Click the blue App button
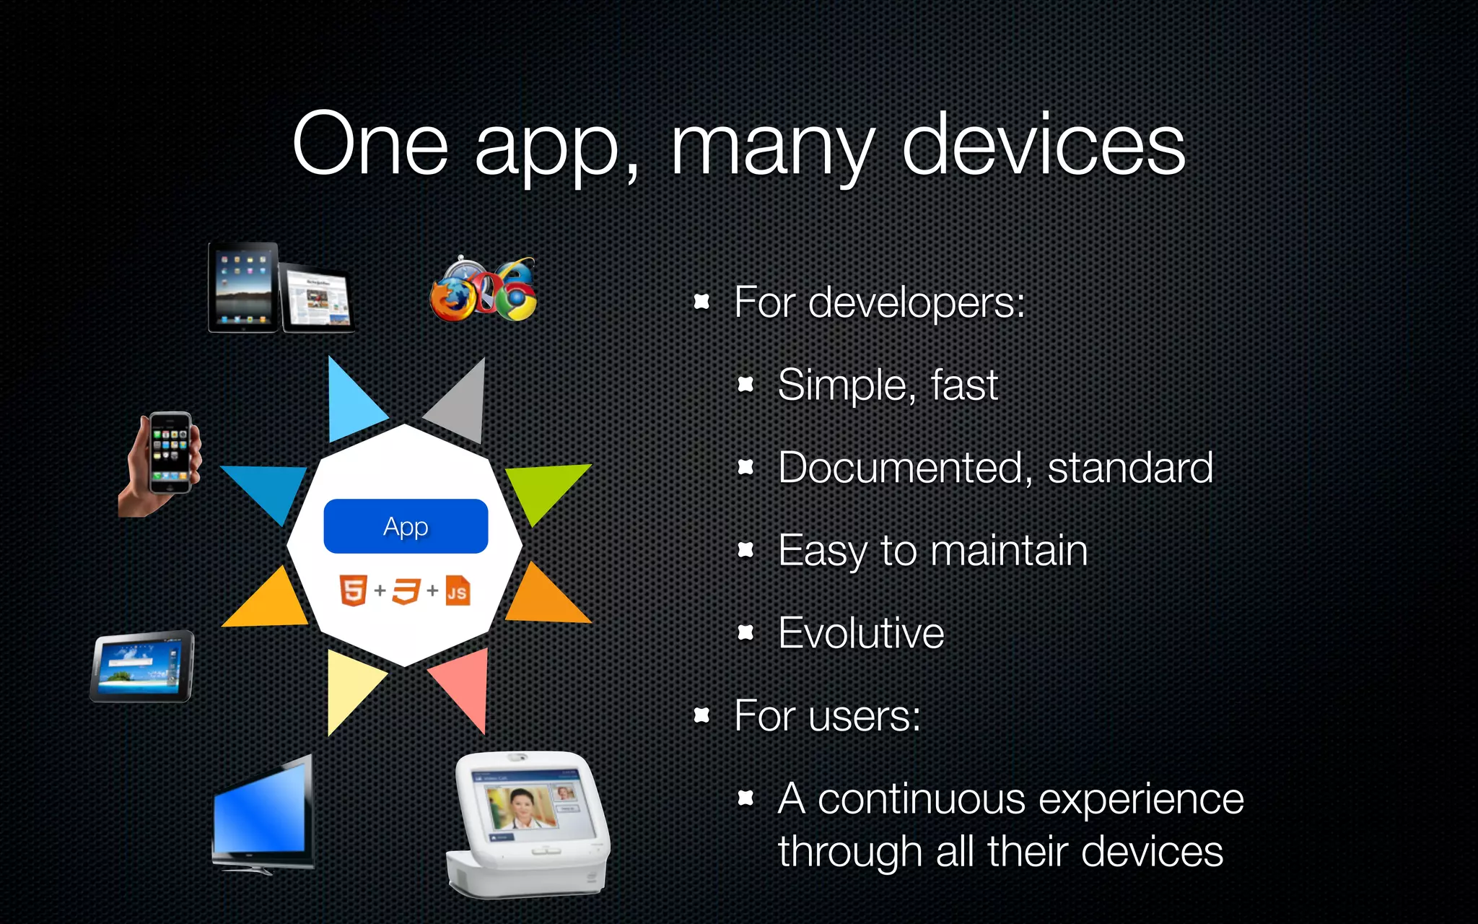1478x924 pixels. pos(406,526)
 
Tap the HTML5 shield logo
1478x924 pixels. pos(354,590)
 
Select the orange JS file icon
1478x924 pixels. pos(458,590)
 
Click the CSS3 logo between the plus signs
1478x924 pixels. pos(406,591)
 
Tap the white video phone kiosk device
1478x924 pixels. pos(530,823)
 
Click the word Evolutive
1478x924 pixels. pos(861,633)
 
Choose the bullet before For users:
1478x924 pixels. pos(701,715)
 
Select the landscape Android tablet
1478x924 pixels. pos(142,666)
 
